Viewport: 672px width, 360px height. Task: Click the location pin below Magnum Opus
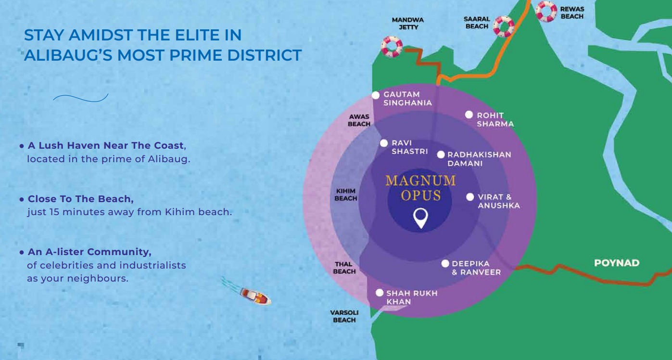(420, 218)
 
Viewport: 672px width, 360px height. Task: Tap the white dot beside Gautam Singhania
(376, 95)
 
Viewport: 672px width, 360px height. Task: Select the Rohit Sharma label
(495, 119)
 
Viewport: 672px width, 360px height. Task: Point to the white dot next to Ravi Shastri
(384, 143)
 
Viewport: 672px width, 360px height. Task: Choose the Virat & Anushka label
(498, 201)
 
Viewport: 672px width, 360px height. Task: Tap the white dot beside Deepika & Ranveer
(445, 264)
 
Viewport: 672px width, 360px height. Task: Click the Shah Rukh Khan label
(411, 297)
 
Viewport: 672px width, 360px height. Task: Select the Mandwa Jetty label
(408, 24)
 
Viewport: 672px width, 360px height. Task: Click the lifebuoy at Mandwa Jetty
(392, 47)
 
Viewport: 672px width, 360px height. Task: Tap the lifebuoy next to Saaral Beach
(504, 26)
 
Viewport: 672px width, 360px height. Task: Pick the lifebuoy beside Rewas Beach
(546, 11)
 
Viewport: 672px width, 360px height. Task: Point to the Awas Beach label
(359, 120)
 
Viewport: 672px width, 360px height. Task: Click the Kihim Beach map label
(346, 195)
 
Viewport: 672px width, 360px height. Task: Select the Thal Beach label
(344, 268)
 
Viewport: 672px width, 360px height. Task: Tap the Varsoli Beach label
(344, 316)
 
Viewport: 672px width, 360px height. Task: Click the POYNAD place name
(617, 263)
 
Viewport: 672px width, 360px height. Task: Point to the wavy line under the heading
(80, 98)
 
